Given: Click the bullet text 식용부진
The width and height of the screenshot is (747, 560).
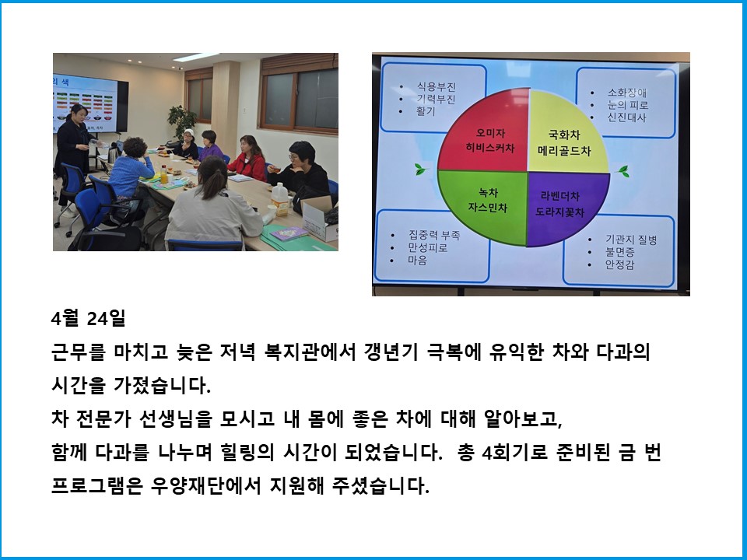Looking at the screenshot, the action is point(437,86).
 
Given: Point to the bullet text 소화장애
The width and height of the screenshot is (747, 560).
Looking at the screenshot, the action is point(626,93).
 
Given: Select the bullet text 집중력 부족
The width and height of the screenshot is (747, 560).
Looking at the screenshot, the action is point(434,235).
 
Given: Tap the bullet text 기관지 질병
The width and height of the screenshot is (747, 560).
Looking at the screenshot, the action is point(631,240).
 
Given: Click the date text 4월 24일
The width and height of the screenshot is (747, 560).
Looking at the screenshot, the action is point(88,318).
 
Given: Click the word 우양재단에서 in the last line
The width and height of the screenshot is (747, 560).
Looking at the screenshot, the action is point(205,485).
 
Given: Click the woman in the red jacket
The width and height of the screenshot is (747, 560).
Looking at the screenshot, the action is point(247,159).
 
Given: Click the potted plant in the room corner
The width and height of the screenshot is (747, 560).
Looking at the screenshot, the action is point(182,121).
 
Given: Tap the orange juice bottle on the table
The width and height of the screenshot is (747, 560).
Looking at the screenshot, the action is point(164,175).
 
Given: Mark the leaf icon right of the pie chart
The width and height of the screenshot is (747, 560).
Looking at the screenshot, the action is point(623,171).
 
